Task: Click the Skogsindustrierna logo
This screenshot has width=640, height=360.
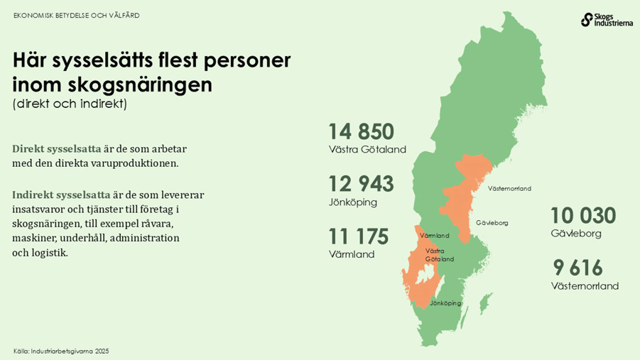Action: click(605, 19)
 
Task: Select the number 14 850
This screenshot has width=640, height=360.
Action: click(361, 131)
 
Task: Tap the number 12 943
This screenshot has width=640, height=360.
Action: click(361, 183)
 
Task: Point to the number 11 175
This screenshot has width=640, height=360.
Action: click(359, 236)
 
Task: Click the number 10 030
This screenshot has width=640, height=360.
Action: click(583, 216)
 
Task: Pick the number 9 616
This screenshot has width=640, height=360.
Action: click(578, 268)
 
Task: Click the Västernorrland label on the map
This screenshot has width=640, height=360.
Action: click(509, 188)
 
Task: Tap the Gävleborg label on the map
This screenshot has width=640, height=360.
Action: click(492, 223)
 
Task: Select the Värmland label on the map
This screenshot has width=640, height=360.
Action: click(435, 235)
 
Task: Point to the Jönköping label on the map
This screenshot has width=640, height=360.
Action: click(445, 303)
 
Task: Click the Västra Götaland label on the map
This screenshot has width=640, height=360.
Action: click(439, 255)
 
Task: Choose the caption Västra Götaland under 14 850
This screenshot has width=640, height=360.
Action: click(367, 150)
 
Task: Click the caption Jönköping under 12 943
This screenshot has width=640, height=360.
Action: click(352, 202)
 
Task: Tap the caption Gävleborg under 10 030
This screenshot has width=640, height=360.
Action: click(576, 234)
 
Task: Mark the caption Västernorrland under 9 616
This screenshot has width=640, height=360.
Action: click(585, 286)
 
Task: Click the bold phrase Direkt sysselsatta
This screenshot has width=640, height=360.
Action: click(57, 149)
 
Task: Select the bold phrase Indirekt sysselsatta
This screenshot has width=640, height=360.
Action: click(61, 194)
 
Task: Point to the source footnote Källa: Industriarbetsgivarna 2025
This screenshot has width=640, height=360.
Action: click(61, 351)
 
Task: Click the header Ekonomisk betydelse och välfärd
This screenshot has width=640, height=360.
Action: click(77, 15)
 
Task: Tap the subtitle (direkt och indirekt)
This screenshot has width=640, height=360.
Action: click(69, 104)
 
